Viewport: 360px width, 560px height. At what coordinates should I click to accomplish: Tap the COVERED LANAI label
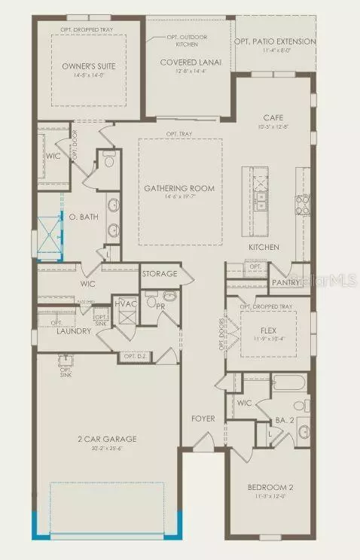[x=191, y=63]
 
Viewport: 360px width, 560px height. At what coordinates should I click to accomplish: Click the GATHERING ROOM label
[x=179, y=188]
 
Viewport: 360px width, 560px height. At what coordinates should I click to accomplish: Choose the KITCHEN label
[x=264, y=247]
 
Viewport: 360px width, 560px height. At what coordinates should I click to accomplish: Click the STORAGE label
[x=159, y=274]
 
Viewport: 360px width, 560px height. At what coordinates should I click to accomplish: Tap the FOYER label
[x=203, y=418]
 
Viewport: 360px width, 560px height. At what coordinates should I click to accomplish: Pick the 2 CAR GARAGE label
[x=106, y=438]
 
